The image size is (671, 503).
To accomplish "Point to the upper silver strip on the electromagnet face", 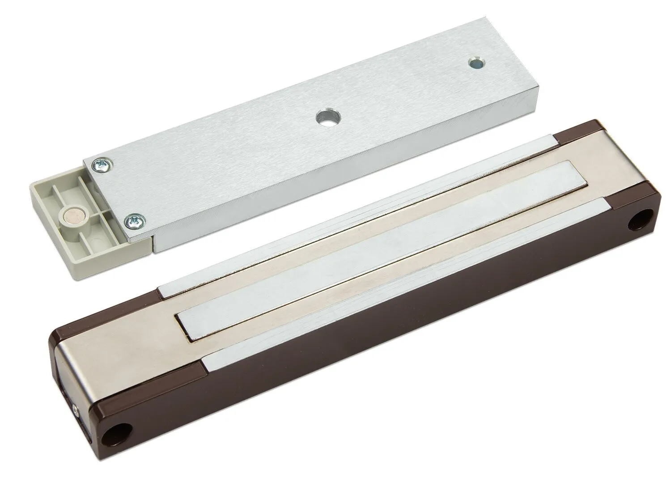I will pos(358,215).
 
